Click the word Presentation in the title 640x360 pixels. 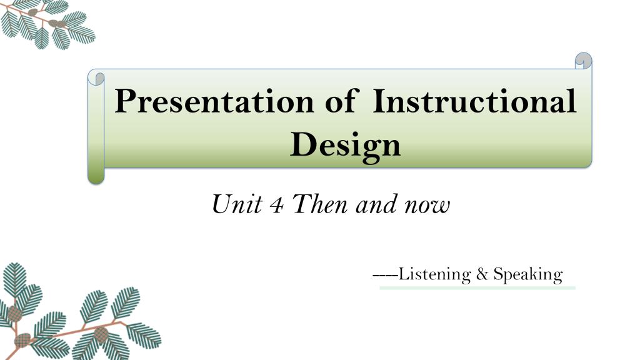(x=214, y=101)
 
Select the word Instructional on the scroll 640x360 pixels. (x=474, y=101)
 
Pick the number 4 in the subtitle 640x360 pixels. (x=277, y=205)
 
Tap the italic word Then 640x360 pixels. (x=320, y=204)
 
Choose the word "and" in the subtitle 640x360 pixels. (x=376, y=204)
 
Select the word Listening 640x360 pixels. (x=434, y=274)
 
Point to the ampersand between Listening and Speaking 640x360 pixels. (x=482, y=274)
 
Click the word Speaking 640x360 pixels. (x=528, y=274)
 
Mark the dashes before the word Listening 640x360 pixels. (x=385, y=275)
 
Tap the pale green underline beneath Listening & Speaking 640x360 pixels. (x=477, y=287)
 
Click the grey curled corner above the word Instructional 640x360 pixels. (x=583, y=61)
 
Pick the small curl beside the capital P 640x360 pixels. (x=96, y=77)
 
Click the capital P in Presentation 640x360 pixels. (x=125, y=101)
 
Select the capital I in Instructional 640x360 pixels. (x=380, y=101)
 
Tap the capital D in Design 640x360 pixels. (x=303, y=144)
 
